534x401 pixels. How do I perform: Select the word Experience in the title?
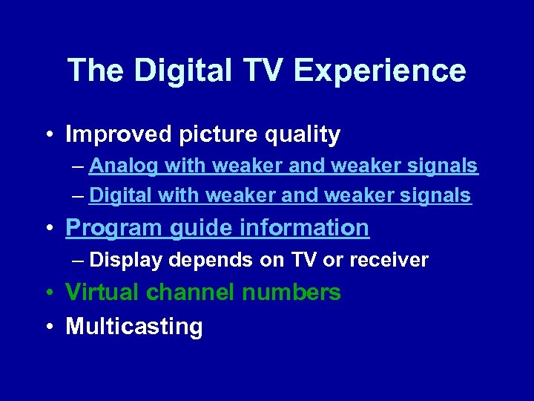tap(380, 71)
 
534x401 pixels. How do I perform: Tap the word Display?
tap(125, 260)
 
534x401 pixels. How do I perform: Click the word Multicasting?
tap(134, 327)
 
